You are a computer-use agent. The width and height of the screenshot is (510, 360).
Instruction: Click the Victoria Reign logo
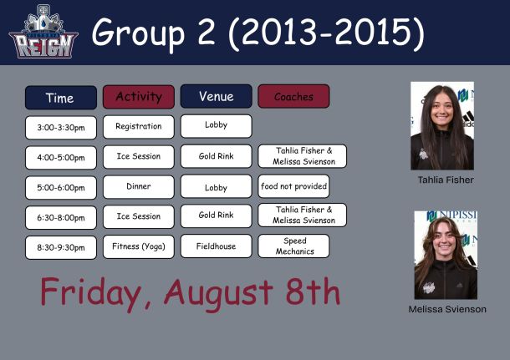click(x=43, y=32)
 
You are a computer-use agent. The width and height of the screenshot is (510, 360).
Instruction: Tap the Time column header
click(x=61, y=98)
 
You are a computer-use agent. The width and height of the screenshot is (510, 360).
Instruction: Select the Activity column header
click(x=139, y=97)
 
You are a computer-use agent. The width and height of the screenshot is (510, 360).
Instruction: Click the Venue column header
click(x=216, y=96)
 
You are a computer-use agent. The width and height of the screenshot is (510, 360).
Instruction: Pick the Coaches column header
click(x=293, y=96)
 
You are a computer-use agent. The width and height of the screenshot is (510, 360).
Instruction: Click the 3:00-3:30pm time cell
click(x=61, y=128)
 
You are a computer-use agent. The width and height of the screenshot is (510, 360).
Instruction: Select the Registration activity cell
click(x=139, y=127)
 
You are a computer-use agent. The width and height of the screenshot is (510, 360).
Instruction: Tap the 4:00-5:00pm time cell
click(x=61, y=158)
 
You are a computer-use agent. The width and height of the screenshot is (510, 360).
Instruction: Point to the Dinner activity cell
click(x=139, y=187)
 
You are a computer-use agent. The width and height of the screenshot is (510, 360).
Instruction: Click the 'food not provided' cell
click(x=293, y=186)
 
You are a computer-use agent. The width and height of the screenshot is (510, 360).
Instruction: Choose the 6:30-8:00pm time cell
click(x=61, y=218)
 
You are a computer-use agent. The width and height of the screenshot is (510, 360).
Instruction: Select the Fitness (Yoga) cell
click(x=139, y=246)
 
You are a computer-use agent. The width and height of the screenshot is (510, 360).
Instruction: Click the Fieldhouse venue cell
click(x=216, y=246)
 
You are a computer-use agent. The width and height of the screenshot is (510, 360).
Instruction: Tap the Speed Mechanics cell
click(x=293, y=246)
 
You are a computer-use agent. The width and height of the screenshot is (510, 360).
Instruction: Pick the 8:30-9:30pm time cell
click(x=61, y=247)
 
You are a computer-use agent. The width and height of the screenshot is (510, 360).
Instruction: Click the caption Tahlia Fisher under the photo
click(x=446, y=180)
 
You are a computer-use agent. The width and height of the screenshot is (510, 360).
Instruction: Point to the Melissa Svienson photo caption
click(x=447, y=309)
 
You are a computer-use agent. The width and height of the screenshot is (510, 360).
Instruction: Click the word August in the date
click(x=218, y=292)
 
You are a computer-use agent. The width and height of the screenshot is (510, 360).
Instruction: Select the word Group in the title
click(x=139, y=33)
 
